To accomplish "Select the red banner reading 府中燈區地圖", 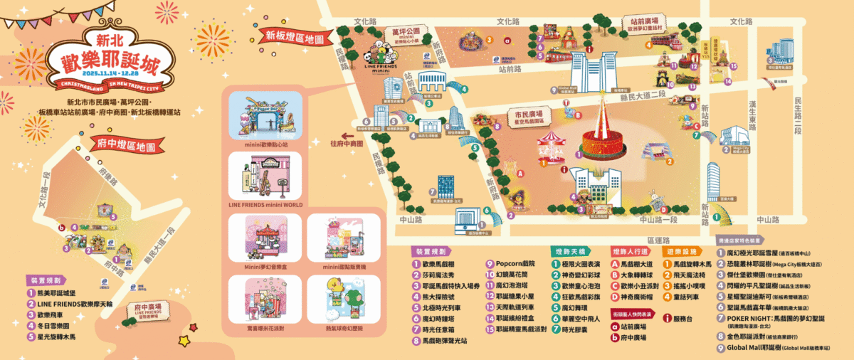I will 126,147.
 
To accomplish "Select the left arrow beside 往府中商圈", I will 347,134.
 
